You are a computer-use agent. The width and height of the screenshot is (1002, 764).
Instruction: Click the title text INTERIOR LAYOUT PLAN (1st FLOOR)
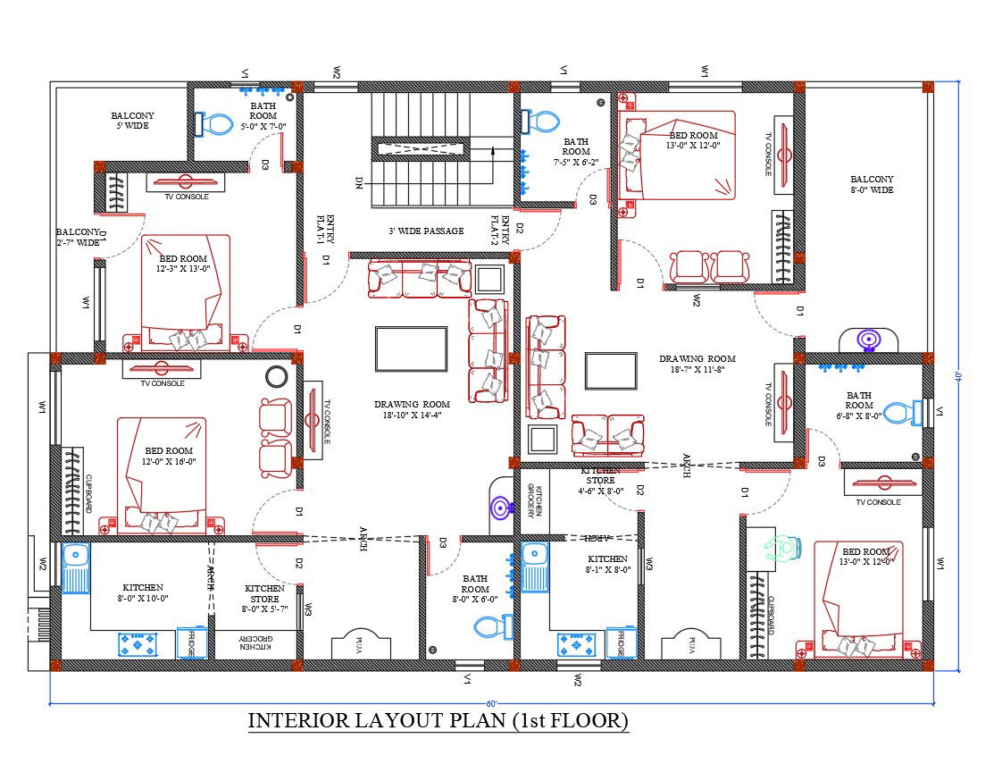point(438,720)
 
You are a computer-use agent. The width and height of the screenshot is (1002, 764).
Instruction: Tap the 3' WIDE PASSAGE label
point(426,231)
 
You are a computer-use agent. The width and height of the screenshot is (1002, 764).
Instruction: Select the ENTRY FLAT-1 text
point(325,231)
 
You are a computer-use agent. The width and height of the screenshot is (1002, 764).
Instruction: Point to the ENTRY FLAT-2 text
point(499,231)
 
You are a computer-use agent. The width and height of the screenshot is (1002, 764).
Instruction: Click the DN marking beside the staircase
point(359,182)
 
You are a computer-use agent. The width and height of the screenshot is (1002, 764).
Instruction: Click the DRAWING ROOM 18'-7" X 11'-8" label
point(697,364)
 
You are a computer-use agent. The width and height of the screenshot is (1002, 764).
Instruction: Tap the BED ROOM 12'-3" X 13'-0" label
point(182,264)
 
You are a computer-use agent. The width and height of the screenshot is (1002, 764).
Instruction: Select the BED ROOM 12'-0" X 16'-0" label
point(169,456)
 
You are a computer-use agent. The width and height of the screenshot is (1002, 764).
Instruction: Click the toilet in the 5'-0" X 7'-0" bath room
point(211,123)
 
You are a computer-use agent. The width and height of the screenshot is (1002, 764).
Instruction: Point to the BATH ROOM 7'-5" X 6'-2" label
point(576,152)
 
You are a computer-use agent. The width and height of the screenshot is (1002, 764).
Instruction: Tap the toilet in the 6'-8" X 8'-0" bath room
point(904,412)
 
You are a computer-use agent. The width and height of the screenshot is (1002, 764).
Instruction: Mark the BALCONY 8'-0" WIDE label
point(872,184)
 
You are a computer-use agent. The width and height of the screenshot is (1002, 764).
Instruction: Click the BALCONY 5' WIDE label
point(132,121)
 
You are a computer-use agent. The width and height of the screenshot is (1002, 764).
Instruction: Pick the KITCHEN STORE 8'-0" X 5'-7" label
point(264,599)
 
